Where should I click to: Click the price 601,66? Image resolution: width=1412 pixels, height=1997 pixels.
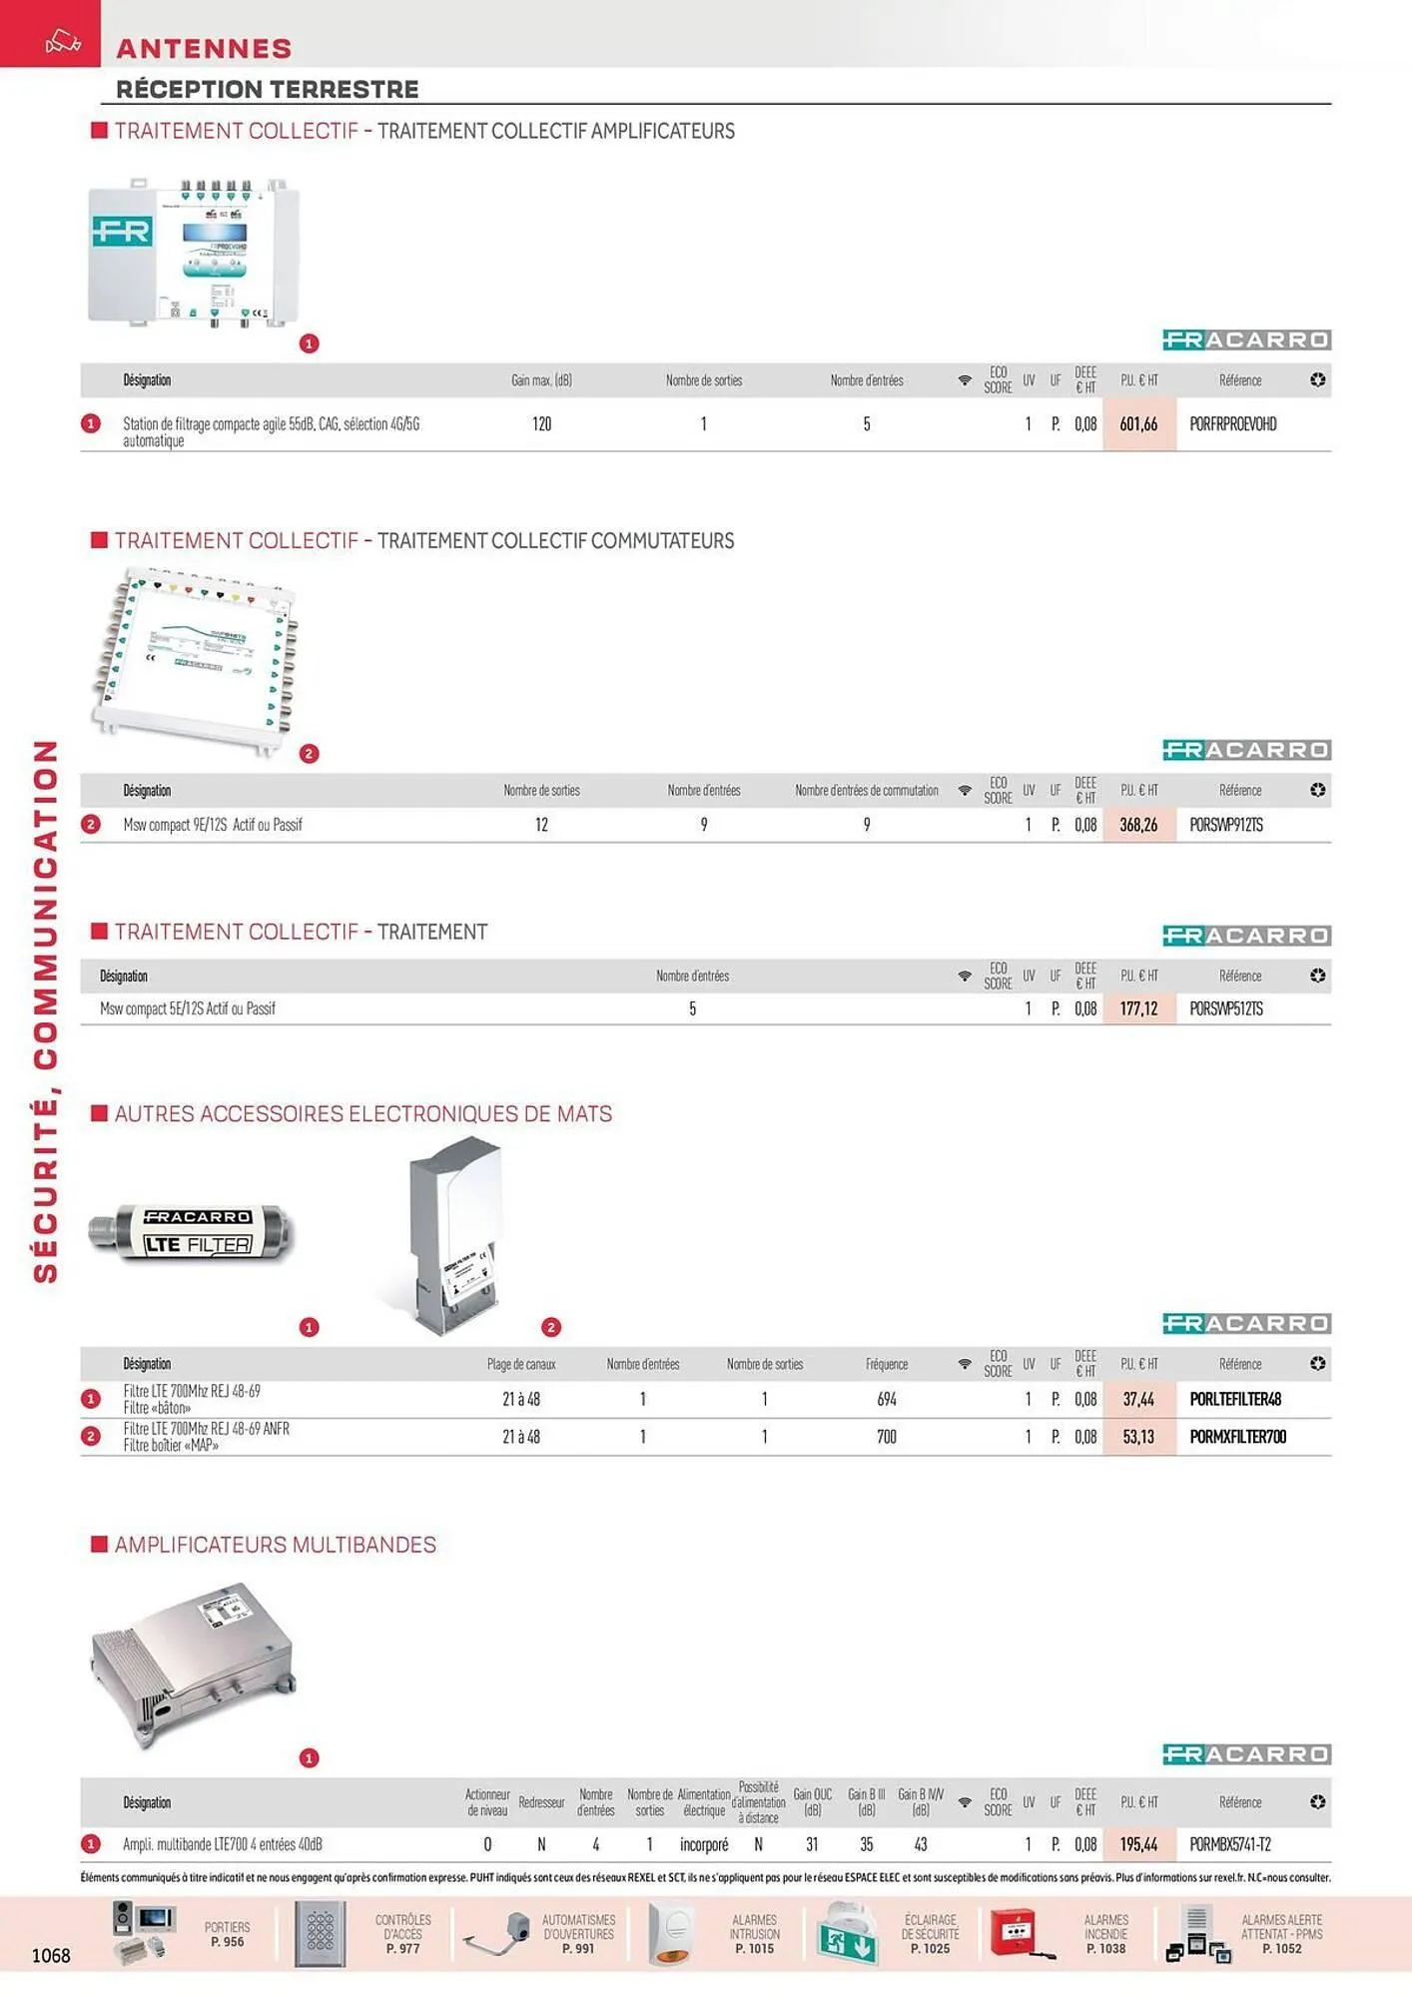[x=1138, y=424]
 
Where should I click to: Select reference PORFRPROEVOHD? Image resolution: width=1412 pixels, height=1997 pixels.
[x=1232, y=424]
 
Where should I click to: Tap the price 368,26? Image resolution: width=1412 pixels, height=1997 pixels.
[x=1138, y=825]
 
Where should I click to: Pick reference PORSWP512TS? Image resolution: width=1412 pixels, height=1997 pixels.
[x=1225, y=1009]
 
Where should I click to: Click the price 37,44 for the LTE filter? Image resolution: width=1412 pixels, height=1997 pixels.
[x=1138, y=1400]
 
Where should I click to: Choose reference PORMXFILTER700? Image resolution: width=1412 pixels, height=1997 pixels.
[x=1237, y=1437]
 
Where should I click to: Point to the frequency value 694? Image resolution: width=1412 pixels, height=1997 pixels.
[x=887, y=1400]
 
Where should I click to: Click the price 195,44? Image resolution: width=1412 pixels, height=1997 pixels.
[x=1138, y=1845]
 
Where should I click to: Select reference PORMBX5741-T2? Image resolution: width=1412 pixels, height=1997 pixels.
[x=1229, y=1845]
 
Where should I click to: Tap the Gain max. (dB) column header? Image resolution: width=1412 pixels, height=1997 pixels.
[x=541, y=380]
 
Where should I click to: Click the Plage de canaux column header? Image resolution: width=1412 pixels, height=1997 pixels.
[x=521, y=1364]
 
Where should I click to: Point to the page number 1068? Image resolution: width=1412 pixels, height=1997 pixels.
[x=51, y=1955]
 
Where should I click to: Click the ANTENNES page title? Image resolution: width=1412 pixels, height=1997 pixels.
[x=204, y=48]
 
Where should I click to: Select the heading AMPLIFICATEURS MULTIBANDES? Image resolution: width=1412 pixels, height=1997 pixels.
[x=275, y=1545]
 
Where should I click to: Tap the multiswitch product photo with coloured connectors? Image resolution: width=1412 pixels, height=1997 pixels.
[x=196, y=659]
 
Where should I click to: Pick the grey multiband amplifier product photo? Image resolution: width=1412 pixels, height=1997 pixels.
[x=193, y=1663]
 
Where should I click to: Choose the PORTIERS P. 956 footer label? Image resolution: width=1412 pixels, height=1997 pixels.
[x=227, y=1934]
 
